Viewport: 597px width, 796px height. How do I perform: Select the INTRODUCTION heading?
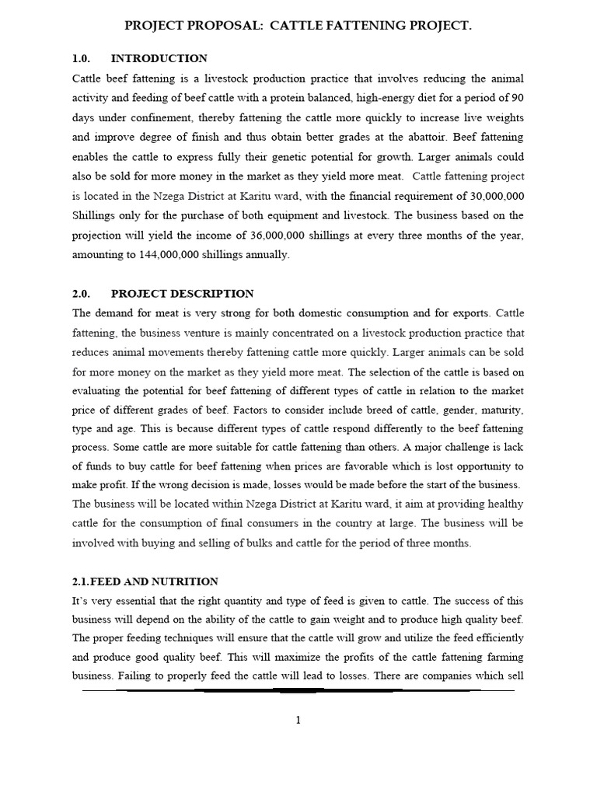click(x=159, y=58)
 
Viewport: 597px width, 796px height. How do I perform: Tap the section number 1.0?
click(x=82, y=58)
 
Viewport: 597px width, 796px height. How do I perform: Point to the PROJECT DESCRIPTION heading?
click(x=182, y=294)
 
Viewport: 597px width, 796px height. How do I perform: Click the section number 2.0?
click(x=82, y=294)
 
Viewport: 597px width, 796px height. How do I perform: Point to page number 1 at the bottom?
click(x=298, y=721)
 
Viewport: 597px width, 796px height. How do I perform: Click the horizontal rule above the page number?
click(x=298, y=690)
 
